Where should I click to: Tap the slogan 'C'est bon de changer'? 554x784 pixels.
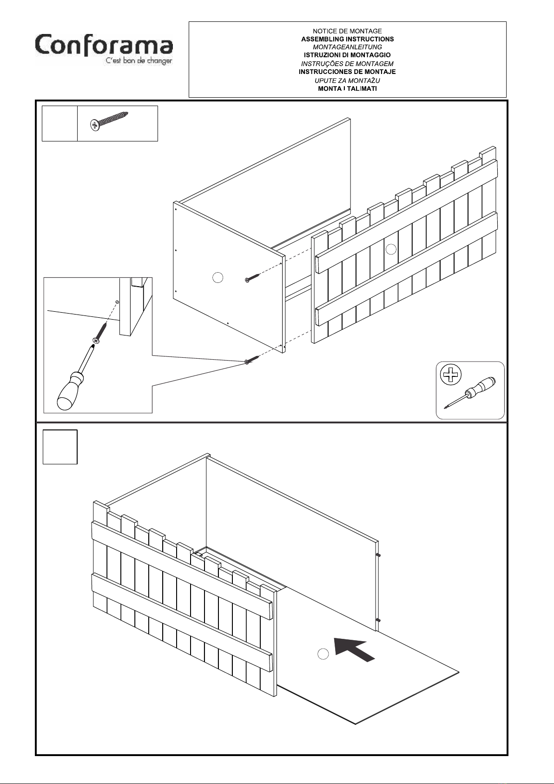click(139, 61)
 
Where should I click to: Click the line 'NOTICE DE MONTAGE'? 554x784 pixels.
click(347, 31)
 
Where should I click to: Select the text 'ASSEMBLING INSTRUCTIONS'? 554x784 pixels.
click(348, 39)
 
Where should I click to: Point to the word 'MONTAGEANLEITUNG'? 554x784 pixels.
click(348, 47)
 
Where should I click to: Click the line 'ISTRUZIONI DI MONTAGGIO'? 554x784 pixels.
click(347, 55)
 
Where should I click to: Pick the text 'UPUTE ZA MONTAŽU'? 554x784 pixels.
click(347, 80)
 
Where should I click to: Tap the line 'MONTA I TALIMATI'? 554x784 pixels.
click(348, 88)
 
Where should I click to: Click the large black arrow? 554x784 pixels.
click(353, 649)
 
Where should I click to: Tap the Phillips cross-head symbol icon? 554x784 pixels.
click(450, 375)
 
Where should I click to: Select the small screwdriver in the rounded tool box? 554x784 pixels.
click(469, 393)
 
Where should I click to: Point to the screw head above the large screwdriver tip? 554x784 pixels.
click(96, 340)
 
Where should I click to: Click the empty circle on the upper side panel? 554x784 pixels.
click(218, 278)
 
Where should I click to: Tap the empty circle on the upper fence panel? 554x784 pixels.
click(391, 249)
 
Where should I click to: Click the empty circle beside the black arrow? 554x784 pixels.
click(323, 653)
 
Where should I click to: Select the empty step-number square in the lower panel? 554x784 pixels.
click(60, 447)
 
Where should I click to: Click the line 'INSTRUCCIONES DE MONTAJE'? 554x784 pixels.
click(347, 72)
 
